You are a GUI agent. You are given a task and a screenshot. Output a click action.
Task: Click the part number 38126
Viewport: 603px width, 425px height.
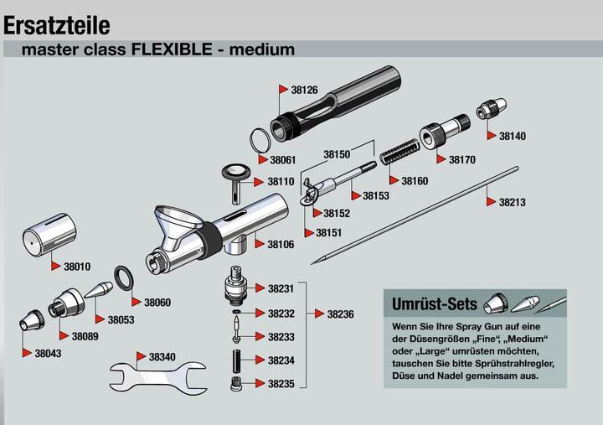(x=305, y=90)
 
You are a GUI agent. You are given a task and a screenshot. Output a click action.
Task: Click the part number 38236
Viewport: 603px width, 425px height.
(x=340, y=314)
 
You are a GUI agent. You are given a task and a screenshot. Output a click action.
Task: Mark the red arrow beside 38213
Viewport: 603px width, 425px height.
(x=490, y=202)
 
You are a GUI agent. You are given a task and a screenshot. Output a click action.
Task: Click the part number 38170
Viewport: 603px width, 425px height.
(x=461, y=159)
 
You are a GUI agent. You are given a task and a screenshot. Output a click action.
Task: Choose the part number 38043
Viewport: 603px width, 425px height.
(x=48, y=354)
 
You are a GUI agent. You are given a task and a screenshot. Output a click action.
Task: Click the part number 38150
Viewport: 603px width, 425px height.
(x=337, y=154)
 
